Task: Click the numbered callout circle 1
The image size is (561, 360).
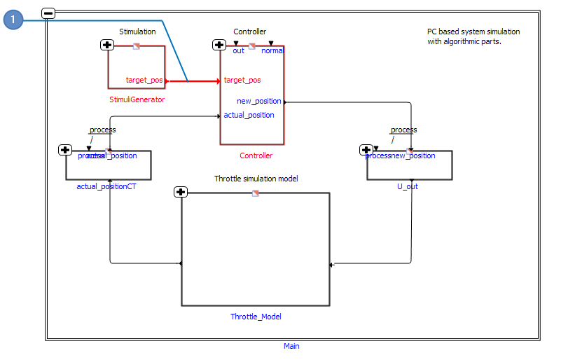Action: pos(13,20)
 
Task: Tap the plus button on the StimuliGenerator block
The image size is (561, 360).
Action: pos(107,45)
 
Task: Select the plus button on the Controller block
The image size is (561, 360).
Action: pos(219,45)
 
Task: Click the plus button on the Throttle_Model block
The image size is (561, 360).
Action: pos(181,192)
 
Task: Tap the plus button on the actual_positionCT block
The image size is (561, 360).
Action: pos(65,150)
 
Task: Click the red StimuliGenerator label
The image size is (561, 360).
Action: pos(137,99)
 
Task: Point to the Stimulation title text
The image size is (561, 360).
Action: pos(137,32)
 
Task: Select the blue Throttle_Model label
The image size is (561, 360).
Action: pos(256,317)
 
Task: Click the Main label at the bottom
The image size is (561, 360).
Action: pos(291,346)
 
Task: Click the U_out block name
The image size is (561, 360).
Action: pos(408,187)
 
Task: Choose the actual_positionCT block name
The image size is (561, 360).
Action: pos(106,187)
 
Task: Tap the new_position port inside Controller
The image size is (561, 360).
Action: pos(258,101)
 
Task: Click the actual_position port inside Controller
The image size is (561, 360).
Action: pos(249,115)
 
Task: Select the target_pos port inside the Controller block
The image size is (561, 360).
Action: pos(242,81)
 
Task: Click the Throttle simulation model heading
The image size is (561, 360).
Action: pos(256,179)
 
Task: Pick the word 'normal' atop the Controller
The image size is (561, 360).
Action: pos(272,50)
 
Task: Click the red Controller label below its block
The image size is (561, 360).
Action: pos(256,155)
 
